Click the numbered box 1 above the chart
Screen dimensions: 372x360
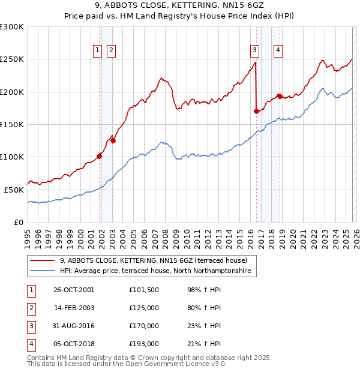[97, 51]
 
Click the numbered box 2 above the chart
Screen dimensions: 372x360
[112, 51]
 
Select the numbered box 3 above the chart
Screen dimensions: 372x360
[255, 51]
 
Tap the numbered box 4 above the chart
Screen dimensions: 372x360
[278, 51]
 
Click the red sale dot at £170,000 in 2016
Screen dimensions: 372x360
[256, 111]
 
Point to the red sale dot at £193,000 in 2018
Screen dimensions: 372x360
[279, 96]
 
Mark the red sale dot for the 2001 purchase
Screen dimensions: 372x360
[99, 156]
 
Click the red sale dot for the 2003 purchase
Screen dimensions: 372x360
[113, 140]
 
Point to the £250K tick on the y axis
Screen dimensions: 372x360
[12, 59]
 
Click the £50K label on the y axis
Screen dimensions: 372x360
[14, 190]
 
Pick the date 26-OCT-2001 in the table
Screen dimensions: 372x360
[74, 290]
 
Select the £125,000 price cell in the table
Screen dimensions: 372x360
[144, 308]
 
